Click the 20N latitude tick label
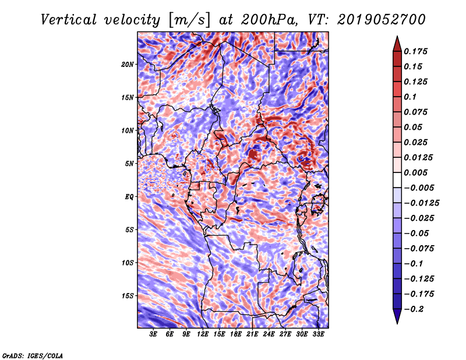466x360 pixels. [x=128, y=65]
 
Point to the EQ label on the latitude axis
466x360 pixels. [x=129, y=197]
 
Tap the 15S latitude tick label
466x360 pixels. [x=128, y=296]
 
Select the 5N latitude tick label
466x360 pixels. [x=129, y=164]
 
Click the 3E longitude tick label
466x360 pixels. [x=153, y=334]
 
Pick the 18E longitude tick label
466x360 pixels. [x=236, y=334]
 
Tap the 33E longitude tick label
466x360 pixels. [x=318, y=334]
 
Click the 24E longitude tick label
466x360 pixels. [x=269, y=334]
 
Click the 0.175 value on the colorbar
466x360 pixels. [x=416, y=51]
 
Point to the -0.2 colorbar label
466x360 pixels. [x=414, y=309]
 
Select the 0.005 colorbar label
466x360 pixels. [x=416, y=172]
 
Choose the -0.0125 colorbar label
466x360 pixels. [x=422, y=203]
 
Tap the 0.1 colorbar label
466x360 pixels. [x=410, y=97]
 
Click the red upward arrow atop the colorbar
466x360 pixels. [x=397, y=44]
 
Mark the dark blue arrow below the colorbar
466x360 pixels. [x=397, y=316]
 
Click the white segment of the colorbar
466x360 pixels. [x=397, y=180]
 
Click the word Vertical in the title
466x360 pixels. [x=69, y=20]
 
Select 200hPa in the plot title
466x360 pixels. [x=269, y=20]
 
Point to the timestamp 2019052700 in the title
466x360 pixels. [x=382, y=20]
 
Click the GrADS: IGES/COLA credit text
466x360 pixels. [x=33, y=355]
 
